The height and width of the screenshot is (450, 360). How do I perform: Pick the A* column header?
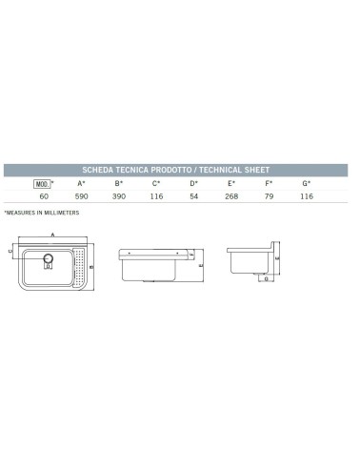[81, 183]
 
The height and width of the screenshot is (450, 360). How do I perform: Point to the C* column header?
[156, 183]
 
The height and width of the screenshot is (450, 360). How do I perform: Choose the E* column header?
[231, 183]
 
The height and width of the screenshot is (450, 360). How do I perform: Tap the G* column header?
[307, 183]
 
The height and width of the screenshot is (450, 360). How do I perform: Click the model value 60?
[43, 196]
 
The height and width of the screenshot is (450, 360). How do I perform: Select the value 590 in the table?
[81, 196]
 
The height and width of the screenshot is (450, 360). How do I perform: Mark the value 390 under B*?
[119, 196]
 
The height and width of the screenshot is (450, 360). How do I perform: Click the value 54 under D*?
[194, 196]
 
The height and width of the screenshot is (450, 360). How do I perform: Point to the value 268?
[231, 196]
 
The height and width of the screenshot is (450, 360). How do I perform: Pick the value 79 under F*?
[270, 196]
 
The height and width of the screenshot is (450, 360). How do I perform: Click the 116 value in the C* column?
[156, 196]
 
